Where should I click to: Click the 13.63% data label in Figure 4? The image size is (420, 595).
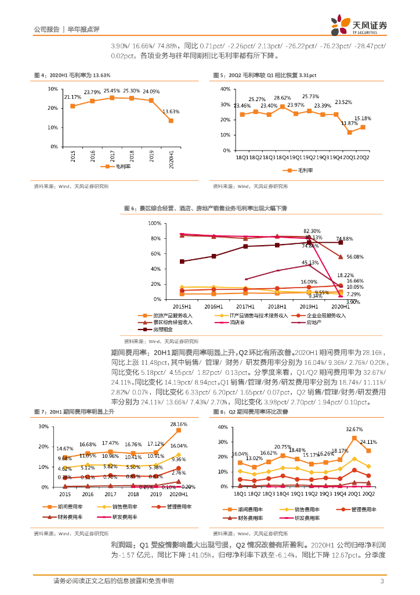[x=170, y=112]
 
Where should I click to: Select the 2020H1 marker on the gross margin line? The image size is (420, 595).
[x=170, y=120]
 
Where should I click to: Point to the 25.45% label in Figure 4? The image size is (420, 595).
[x=112, y=91]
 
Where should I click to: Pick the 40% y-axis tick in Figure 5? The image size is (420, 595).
[x=225, y=89]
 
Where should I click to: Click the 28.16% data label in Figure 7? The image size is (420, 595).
[x=178, y=424]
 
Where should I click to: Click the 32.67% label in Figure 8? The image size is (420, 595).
[x=354, y=429]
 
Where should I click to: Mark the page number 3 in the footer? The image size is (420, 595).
[x=382, y=580]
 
